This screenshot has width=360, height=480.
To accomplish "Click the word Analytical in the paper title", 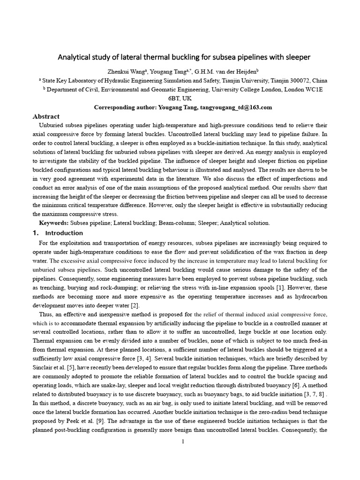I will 74,58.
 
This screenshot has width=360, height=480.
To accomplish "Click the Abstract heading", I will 46,116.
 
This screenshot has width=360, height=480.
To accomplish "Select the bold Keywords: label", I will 54,223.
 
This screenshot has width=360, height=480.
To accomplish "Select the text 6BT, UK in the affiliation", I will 180,98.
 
